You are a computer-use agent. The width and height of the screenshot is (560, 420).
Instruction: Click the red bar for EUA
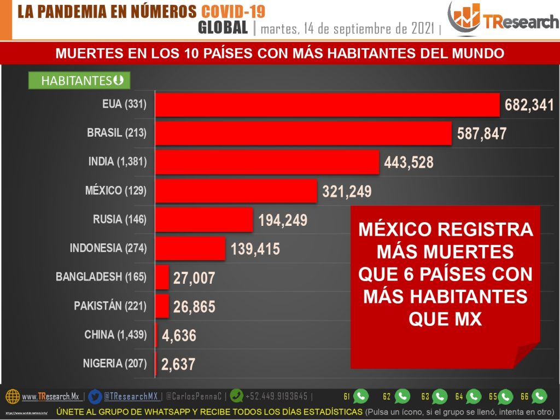[x=327, y=104]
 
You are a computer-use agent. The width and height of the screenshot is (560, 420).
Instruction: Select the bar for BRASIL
[x=303, y=133]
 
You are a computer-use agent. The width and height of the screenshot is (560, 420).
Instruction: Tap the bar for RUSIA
[x=203, y=219]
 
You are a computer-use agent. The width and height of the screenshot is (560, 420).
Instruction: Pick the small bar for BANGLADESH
[x=162, y=277]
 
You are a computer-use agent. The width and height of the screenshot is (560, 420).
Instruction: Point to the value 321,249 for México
[x=346, y=191]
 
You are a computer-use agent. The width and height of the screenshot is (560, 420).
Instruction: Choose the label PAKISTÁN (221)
[x=110, y=306]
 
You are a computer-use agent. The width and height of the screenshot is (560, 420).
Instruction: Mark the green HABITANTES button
[x=79, y=81]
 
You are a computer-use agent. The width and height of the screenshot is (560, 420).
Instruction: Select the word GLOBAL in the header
[x=223, y=27]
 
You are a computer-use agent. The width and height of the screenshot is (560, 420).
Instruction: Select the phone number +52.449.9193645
[x=277, y=396]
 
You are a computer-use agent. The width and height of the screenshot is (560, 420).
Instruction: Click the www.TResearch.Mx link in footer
[x=50, y=396]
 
